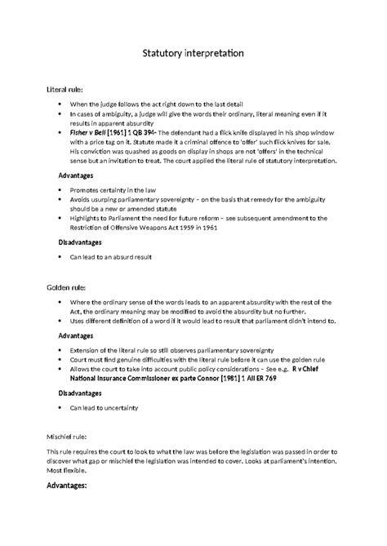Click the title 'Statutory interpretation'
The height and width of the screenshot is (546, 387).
(x=193, y=54)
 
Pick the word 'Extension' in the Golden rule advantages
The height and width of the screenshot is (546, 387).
(x=87, y=348)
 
